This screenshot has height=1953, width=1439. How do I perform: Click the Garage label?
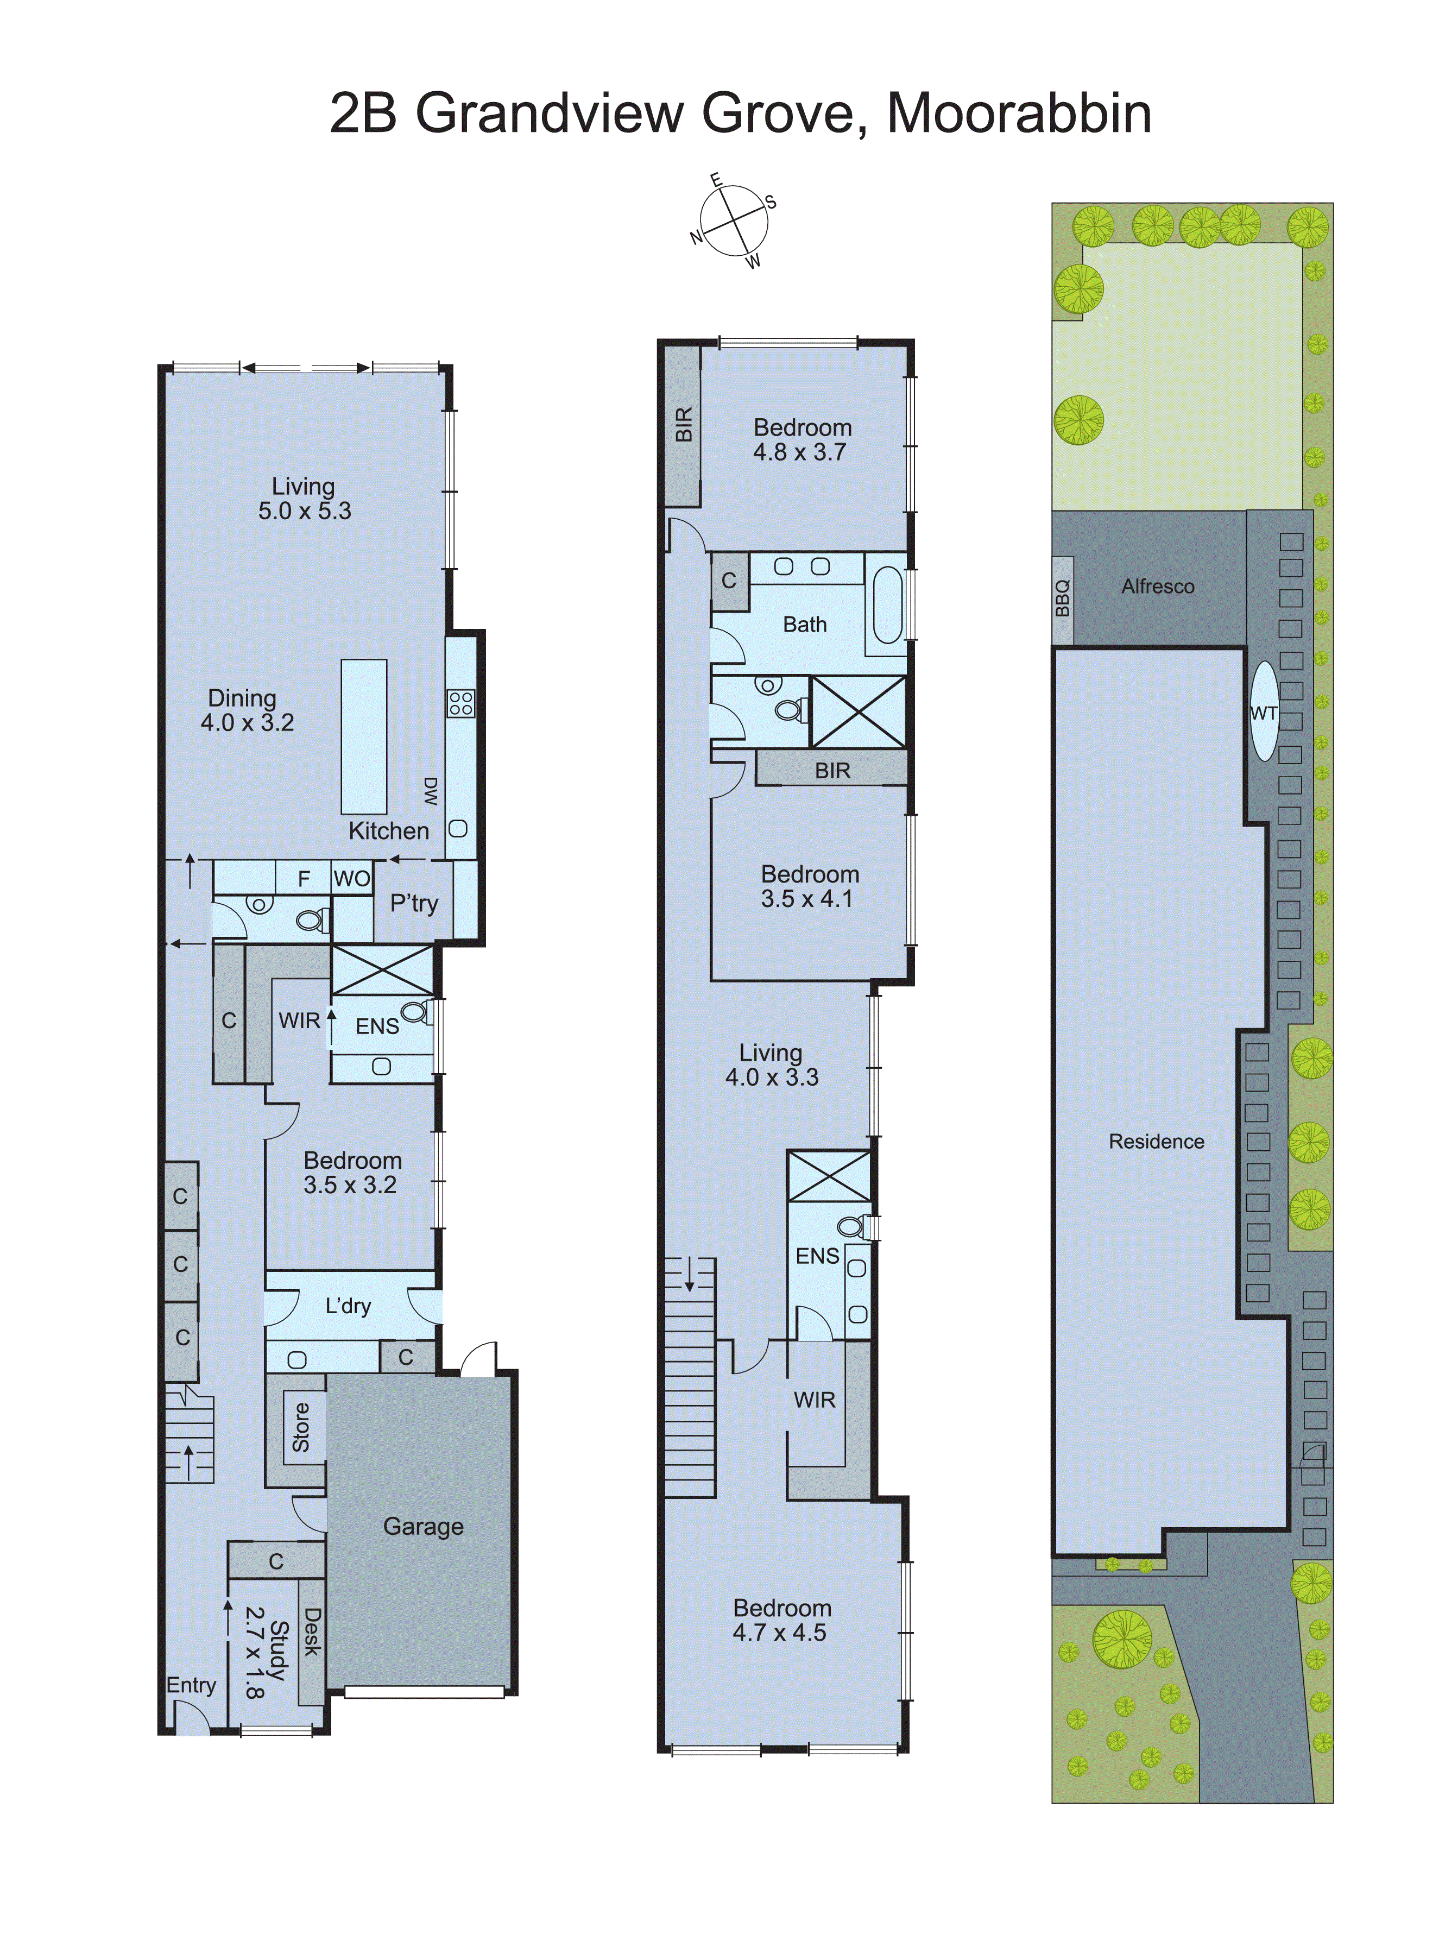click(x=424, y=1526)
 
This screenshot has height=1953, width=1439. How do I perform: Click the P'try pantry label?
click(x=414, y=903)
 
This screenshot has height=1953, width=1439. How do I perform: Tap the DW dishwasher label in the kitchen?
click(x=430, y=791)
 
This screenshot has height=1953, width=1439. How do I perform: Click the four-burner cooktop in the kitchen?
click(x=461, y=703)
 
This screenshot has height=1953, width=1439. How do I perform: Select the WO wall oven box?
click(x=352, y=878)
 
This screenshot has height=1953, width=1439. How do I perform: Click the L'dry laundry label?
click(x=349, y=1306)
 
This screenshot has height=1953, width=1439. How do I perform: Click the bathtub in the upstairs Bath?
click(x=887, y=604)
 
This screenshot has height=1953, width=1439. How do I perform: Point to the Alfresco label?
click(x=1158, y=586)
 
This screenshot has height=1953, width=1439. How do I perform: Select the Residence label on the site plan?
click(x=1156, y=1141)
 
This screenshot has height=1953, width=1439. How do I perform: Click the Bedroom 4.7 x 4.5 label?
click(x=781, y=1620)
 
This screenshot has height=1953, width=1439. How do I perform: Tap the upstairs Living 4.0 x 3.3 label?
click(x=771, y=1064)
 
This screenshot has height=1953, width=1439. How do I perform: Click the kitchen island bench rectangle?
click(x=363, y=737)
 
